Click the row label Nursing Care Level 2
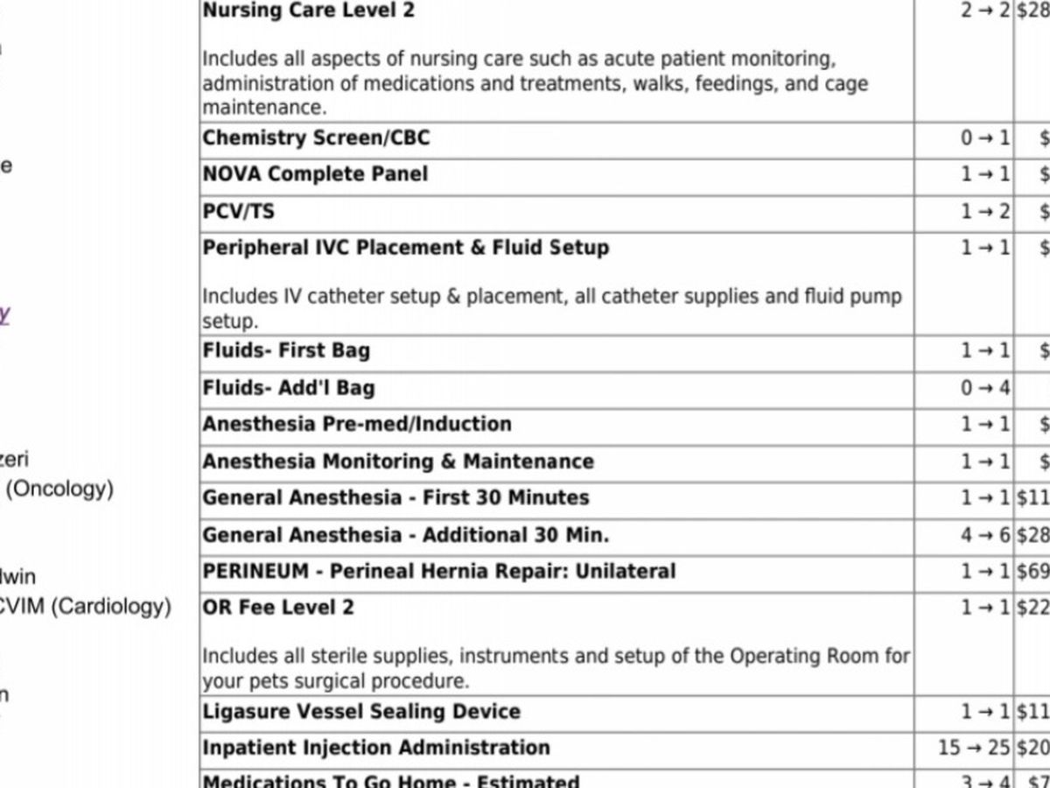(x=309, y=11)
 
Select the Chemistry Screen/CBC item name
(x=316, y=138)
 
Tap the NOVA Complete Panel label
(x=315, y=174)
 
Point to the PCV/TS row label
(x=238, y=211)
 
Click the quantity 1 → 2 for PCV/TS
(x=985, y=211)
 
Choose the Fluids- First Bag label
(x=286, y=350)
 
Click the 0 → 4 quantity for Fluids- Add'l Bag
(x=985, y=387)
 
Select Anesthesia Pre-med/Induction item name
(x=357, y=424)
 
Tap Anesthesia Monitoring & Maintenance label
(x=398, y=461)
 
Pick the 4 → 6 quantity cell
(x=985, y=535)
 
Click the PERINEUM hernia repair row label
(x=439, y=572)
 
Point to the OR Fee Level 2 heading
(x=278, y=608)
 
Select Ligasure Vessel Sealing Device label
(x=361, y=712)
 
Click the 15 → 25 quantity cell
(x=974, y=748)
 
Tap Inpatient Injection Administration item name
(x=376, y=748)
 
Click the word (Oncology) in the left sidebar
(x=59, y=489)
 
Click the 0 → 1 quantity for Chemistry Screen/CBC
(x=985, y=138)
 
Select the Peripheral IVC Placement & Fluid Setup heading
(x=406, y=248)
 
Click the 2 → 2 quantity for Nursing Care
(x=985, y=11)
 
